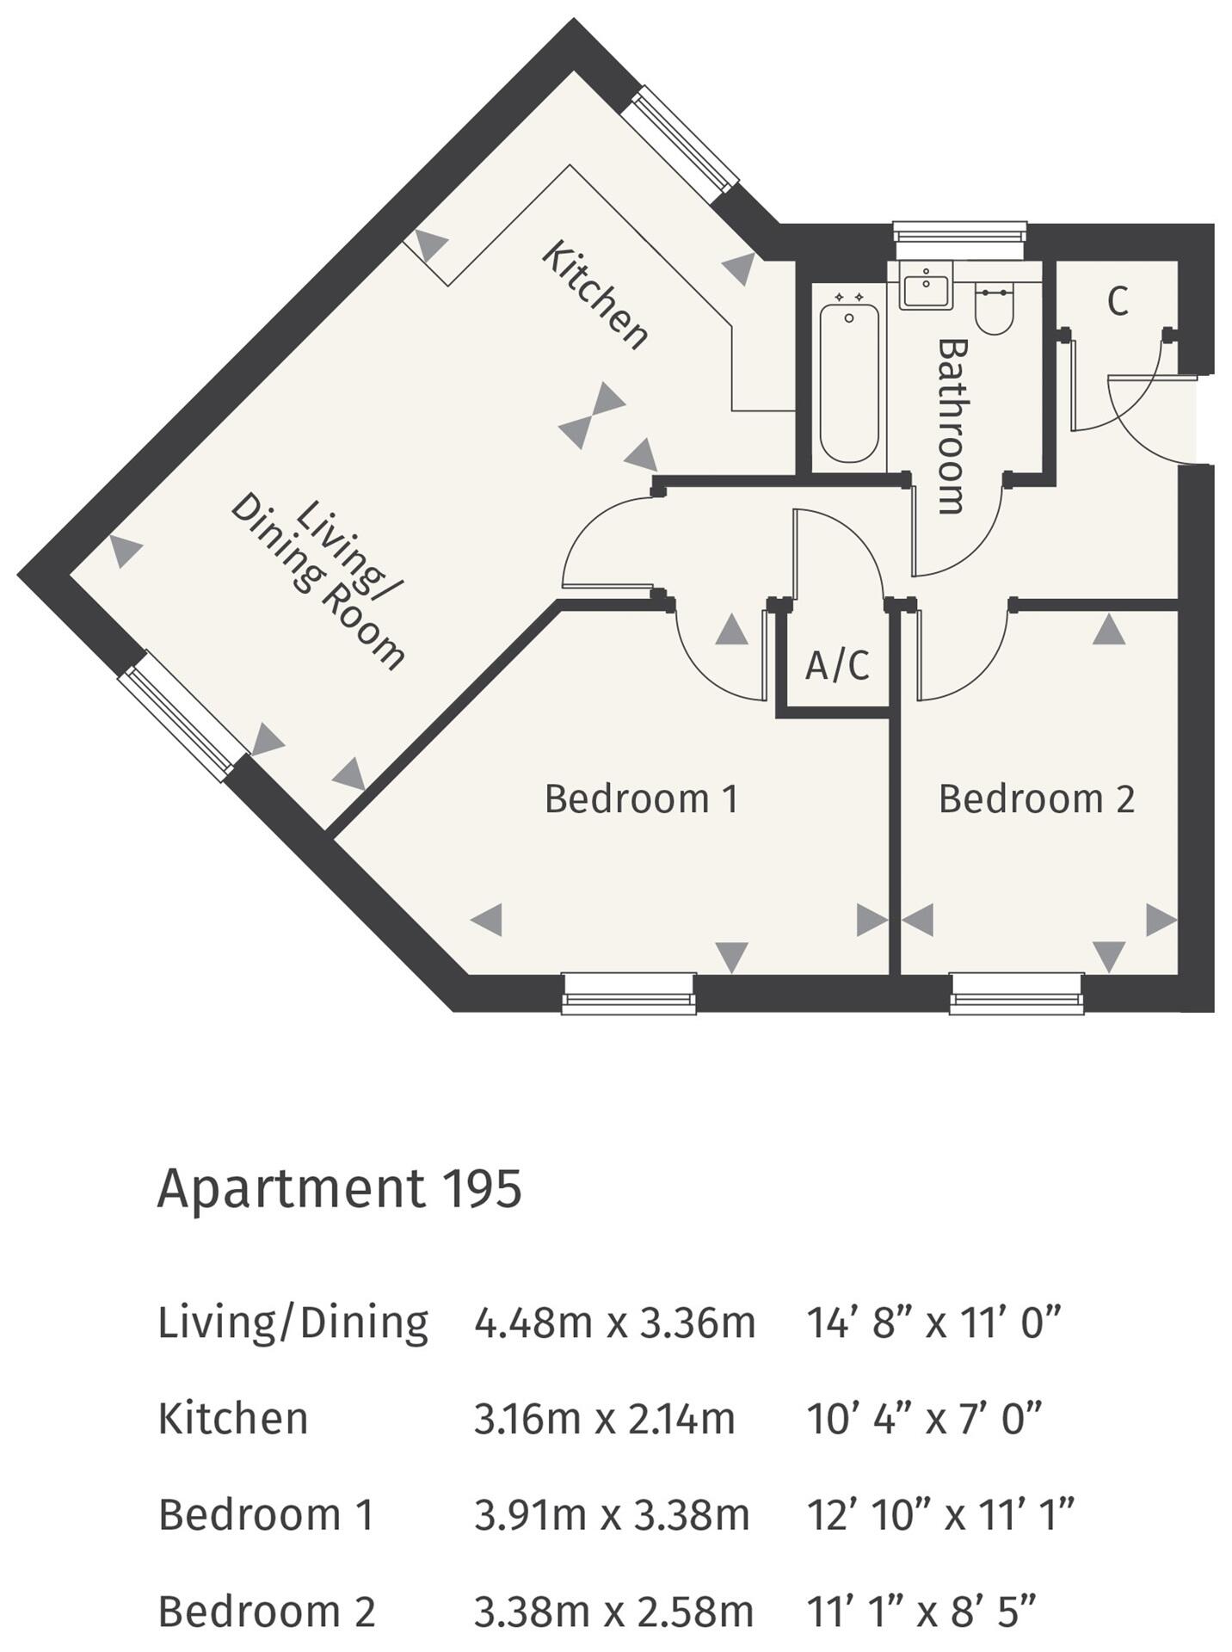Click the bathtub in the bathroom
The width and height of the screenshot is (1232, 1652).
848,383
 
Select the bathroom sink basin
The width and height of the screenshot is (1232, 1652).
926,286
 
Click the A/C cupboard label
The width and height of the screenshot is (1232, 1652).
837,665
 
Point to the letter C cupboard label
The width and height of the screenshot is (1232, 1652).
1117,301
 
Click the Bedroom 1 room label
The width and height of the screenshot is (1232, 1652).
641,798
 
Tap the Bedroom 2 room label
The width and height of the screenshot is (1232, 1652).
1036,798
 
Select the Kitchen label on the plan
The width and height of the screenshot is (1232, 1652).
594,296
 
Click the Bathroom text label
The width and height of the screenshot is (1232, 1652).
952,427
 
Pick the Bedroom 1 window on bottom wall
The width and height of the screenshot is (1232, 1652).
628,994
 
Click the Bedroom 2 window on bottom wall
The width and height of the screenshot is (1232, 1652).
1016,994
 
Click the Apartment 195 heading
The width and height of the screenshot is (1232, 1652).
339,1189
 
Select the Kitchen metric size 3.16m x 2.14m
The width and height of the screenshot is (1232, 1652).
604,1419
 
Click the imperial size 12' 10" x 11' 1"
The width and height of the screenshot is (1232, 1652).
940,1515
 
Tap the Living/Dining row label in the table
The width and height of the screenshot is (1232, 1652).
293,1322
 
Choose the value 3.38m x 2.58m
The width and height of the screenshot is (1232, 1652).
613,1612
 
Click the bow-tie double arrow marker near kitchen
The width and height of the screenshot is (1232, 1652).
592,416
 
